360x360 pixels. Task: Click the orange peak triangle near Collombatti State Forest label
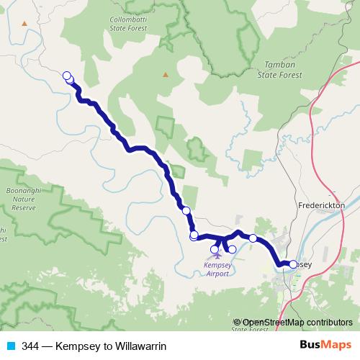click(x=165, y=73)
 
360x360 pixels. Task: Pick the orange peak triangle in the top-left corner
click(x=25, y=23)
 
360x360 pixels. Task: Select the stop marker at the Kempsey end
click(x=293, y=264)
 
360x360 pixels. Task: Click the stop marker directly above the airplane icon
click(x=215, y=250)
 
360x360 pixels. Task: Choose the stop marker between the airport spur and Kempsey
click(x=253, y=238)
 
